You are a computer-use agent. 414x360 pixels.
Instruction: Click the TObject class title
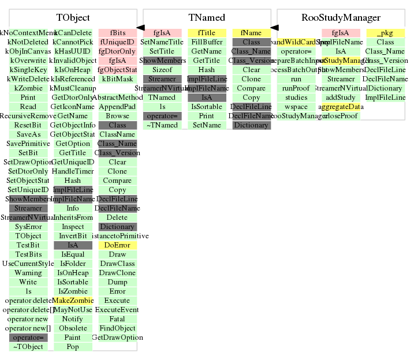click(x=73, y=18)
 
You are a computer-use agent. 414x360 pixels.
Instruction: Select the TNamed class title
click(x=207, y=18)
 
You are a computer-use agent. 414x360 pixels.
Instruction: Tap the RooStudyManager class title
click(x=341, y=18)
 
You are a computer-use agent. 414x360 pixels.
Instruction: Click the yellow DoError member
click(x=117, y=245)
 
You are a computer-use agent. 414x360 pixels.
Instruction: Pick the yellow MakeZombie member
click(x=73, y=301)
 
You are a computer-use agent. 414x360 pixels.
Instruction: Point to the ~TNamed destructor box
click(x=162, y=125)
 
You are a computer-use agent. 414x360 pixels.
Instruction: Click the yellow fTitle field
click(x=206, y=33)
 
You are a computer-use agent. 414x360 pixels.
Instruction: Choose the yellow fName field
click(x=251, y=33)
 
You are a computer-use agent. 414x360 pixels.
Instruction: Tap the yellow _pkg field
click(x=385, y=33)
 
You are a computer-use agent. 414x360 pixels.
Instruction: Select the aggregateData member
click(x=341, y=107)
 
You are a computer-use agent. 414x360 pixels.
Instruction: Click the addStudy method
click(x=341, y=97)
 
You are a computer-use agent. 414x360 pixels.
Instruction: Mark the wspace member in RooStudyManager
click(x=296, y=107)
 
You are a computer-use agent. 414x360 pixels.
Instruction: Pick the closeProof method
click(x=341, y=116)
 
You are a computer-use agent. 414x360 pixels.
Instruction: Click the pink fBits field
click(x=117, y=33)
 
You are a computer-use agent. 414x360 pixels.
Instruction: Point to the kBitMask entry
click(x=117, y=79)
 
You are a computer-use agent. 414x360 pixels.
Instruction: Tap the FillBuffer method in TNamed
click(x=206, y=42)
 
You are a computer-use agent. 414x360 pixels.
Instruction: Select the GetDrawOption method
click(x=117, y=337)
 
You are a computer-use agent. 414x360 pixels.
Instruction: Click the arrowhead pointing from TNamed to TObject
click(x=140, y=27)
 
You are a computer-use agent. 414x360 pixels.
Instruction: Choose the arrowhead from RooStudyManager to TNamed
click(x=274, y=27)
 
